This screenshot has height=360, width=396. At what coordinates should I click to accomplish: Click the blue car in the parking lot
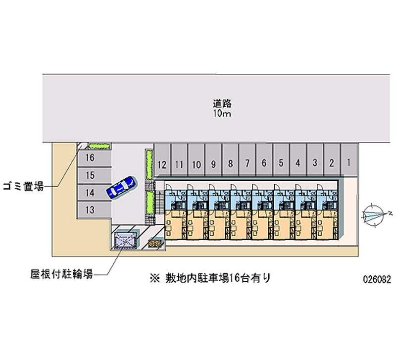point(120,187)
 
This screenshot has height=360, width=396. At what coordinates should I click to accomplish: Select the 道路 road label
point(222,104)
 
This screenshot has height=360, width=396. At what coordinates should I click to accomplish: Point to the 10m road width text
point(222,114)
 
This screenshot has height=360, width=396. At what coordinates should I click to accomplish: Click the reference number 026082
point(377,279)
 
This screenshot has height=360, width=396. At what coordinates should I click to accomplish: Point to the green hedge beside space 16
point(99,146)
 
